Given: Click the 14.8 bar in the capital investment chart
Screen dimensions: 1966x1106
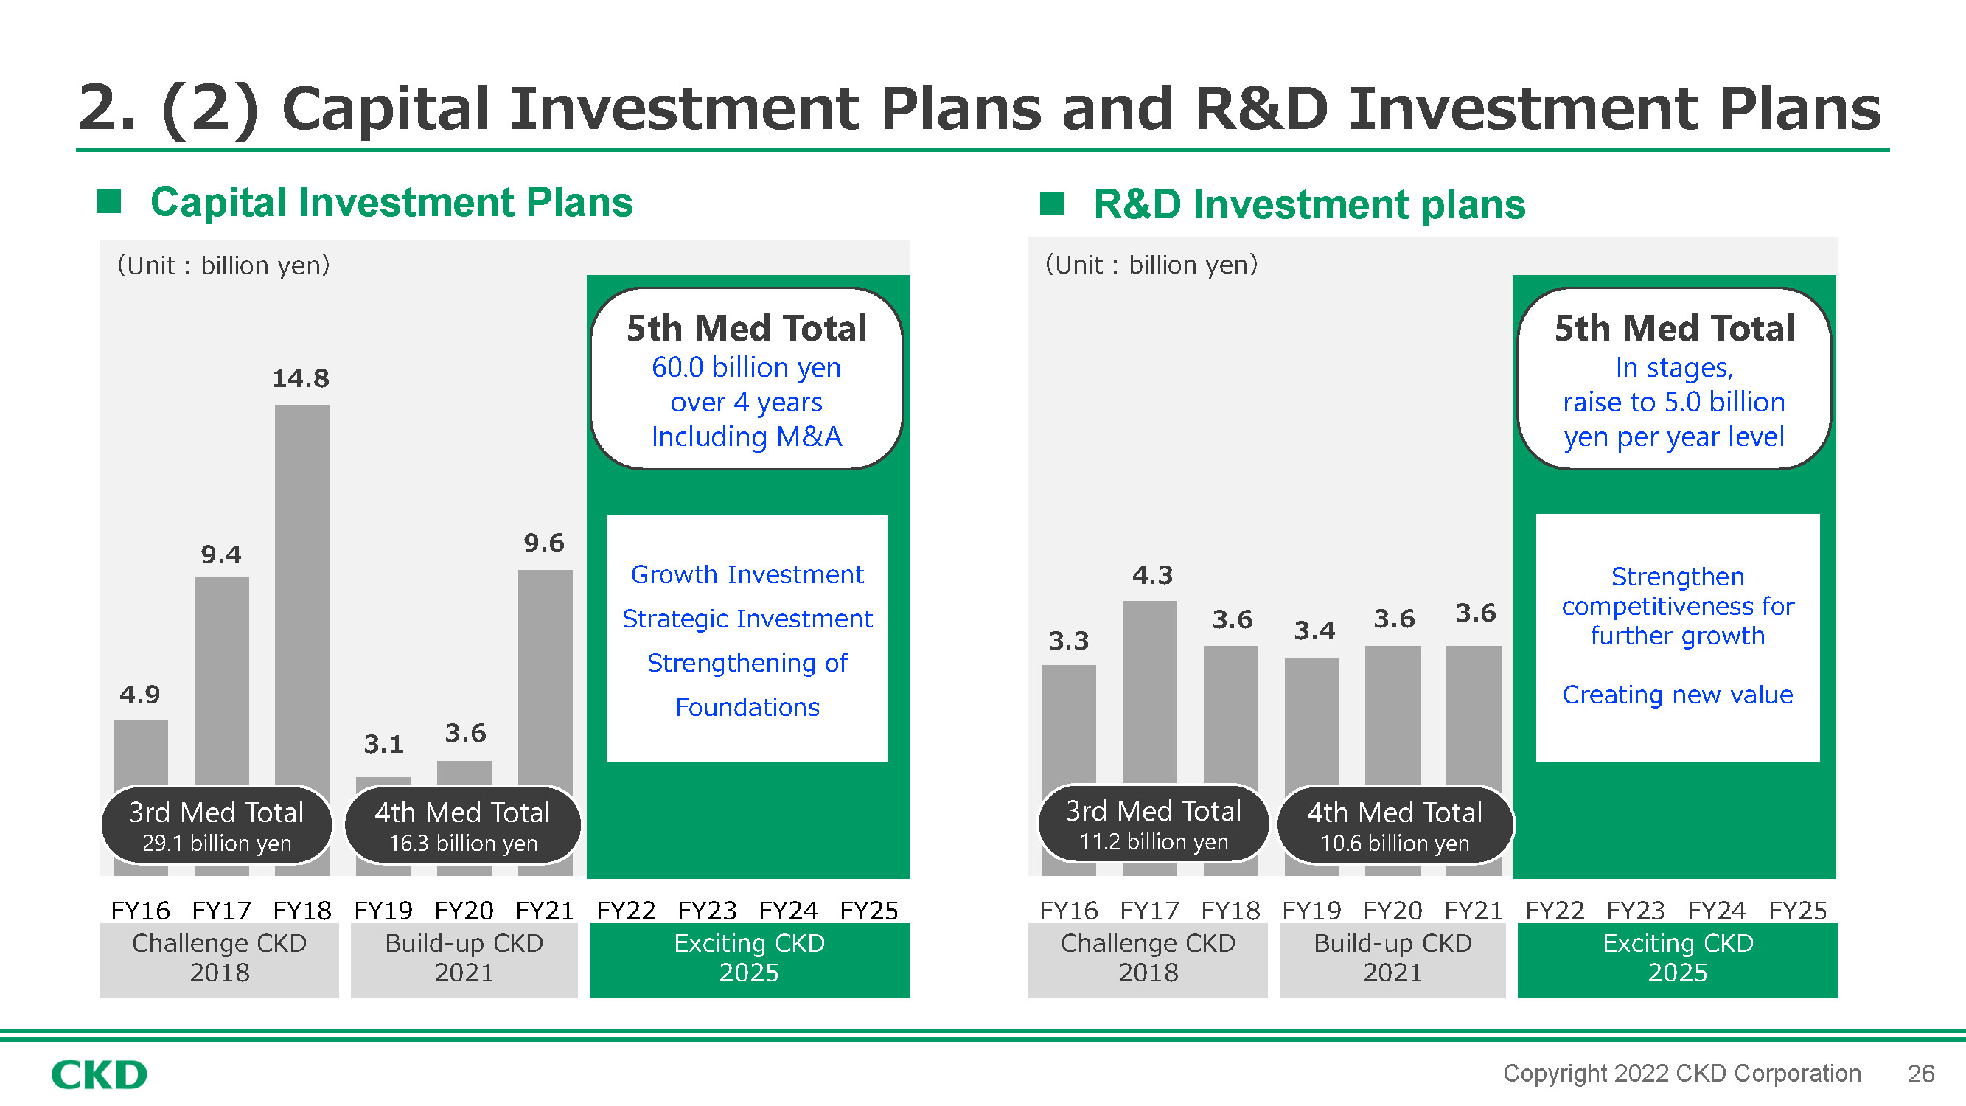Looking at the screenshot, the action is (302, 595).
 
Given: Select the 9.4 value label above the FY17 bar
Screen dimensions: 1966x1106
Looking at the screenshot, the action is (220, 555).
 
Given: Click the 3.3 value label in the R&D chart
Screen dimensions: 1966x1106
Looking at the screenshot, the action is (1068, 641).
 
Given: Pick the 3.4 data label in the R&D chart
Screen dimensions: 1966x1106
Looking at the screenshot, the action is (1314, 630).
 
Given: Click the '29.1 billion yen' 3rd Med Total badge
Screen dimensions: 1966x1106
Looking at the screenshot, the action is (217, 825).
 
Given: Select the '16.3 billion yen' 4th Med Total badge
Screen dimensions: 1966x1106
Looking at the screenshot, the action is (462, 825).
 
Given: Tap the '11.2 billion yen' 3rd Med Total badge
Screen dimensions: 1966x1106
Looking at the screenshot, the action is (1153, 824).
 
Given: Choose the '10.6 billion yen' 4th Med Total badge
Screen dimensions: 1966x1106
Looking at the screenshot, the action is (1395, 825).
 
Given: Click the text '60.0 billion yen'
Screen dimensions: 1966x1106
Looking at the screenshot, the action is (746, 368).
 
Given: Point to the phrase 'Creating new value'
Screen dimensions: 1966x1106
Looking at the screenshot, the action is (1678, 695).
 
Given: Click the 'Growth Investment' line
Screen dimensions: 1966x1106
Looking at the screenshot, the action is (747, 574).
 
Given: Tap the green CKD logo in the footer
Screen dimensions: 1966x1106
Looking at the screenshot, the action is (100, 1075).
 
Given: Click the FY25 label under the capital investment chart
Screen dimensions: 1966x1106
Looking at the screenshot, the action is (868, 911).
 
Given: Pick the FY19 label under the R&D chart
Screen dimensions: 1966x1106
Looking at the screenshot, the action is (1311, 911).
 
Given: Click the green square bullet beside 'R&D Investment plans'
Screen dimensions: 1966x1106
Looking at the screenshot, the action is (1052, 204).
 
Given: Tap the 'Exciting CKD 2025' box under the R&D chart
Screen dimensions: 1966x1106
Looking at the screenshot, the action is (1678, 960).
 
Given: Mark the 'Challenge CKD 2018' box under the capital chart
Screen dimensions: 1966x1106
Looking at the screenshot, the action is (219, 960).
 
